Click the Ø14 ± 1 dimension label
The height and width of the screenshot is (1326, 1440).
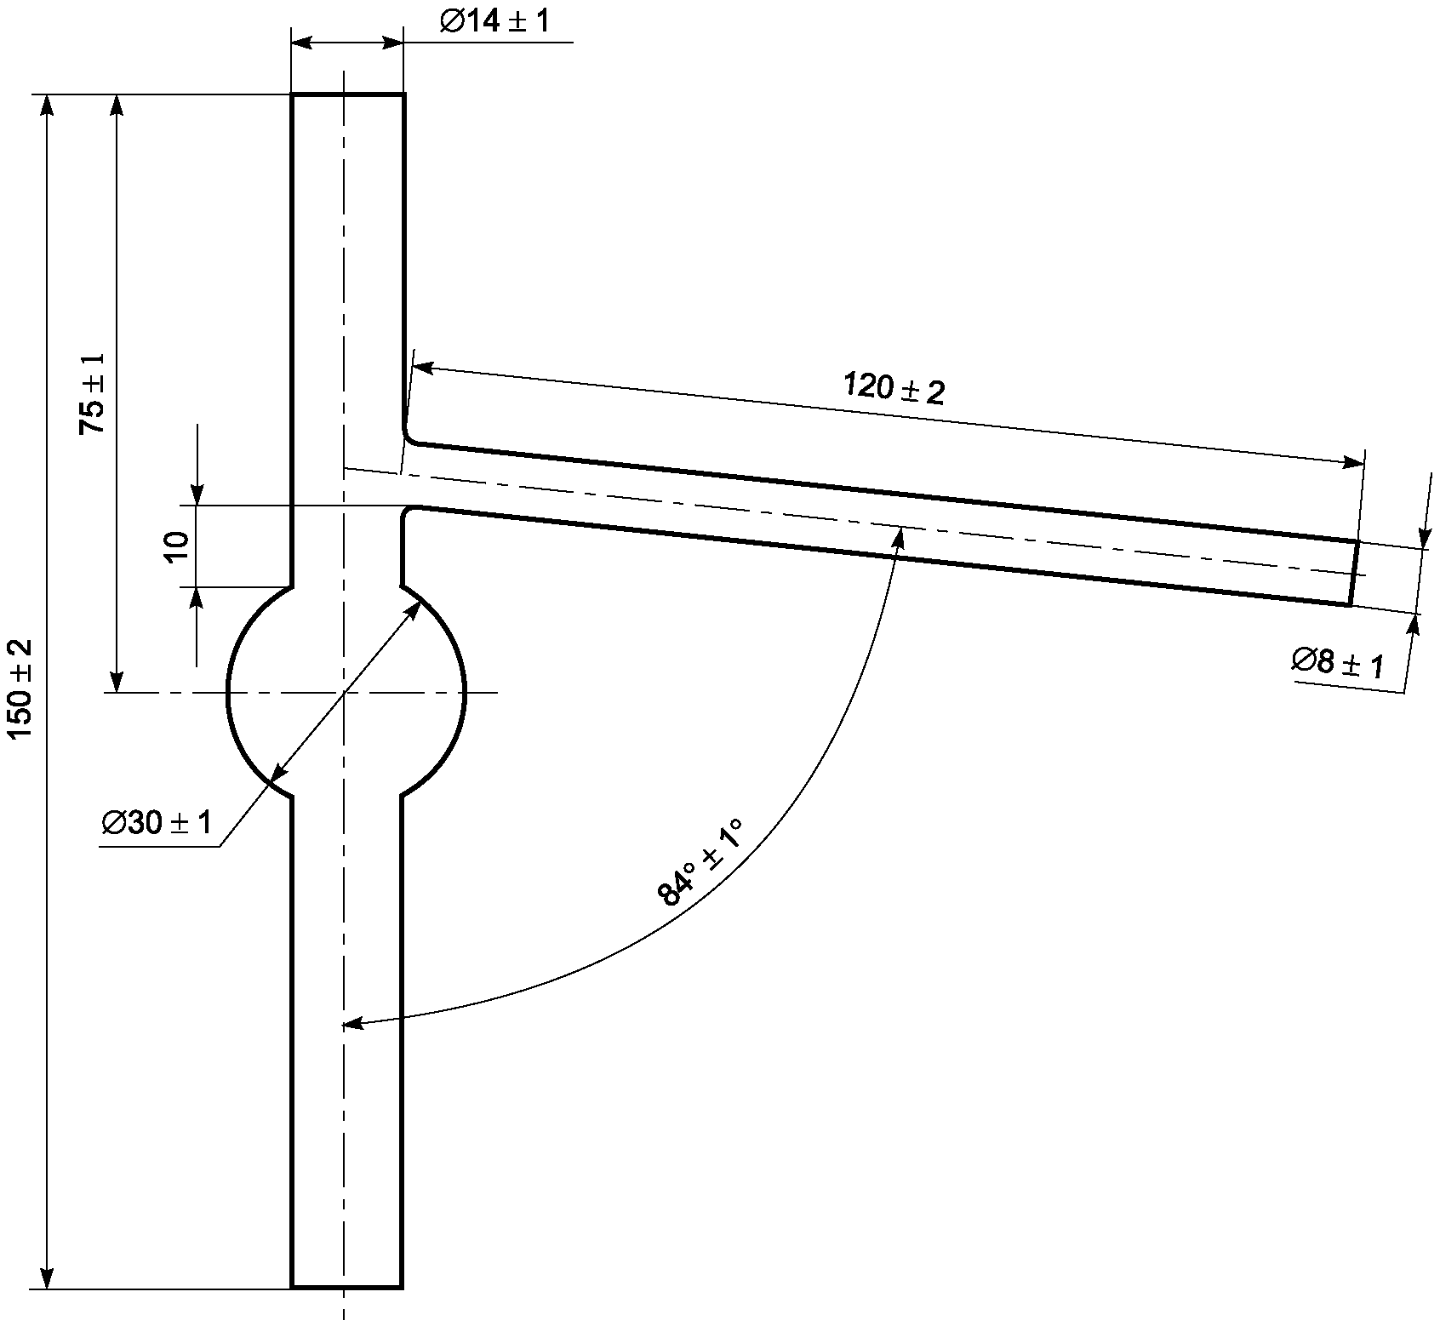pos(494,20)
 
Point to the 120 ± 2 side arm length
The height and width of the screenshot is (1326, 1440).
pos(894,388)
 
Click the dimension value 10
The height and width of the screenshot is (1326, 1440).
pos(178,546)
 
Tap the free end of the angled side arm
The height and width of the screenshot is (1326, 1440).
pos(1353,573)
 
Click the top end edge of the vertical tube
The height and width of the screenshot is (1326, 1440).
pos(347,94)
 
